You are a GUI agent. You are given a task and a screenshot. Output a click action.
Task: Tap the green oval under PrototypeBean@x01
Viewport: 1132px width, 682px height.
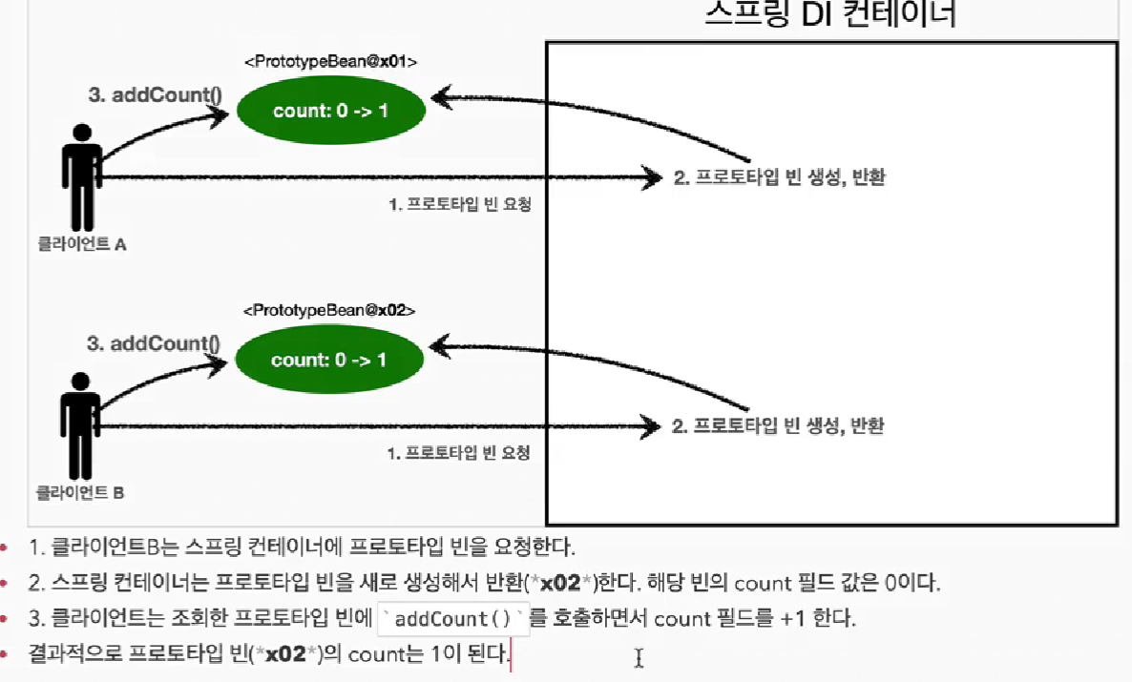330,111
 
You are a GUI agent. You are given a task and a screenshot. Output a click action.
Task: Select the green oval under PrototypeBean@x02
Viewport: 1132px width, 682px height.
329,360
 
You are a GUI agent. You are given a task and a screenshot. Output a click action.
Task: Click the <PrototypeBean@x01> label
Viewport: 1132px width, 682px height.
330,62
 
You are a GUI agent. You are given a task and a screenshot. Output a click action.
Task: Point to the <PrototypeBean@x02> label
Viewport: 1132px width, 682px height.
329,311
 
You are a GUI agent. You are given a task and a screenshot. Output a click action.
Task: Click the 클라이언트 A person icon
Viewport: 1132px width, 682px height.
81,176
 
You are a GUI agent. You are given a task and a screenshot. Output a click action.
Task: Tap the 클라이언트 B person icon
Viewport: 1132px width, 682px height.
80,425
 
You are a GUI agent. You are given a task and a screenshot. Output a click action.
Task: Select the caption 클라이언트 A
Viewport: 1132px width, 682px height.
81,244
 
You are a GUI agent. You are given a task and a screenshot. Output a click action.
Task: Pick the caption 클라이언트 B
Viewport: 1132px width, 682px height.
80,493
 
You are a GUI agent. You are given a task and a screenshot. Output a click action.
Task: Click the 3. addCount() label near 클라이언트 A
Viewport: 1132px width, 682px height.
155,94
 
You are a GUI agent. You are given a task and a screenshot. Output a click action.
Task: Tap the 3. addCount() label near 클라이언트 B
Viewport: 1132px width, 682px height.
153,343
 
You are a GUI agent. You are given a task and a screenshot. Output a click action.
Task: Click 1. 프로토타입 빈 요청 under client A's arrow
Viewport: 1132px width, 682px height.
459,204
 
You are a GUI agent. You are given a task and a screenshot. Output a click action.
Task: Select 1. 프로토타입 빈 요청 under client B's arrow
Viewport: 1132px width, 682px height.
458,453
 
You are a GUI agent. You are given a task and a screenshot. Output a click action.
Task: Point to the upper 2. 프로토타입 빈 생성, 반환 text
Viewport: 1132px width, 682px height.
779,177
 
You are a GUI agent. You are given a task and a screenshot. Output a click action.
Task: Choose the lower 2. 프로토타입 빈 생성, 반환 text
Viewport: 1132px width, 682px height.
778,426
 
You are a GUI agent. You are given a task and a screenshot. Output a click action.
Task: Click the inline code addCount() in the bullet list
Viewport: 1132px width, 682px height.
453,619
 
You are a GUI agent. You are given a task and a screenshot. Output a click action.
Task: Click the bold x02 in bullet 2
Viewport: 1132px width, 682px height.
559,582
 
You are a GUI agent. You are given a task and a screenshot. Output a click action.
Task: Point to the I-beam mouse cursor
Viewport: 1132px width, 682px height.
639,657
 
